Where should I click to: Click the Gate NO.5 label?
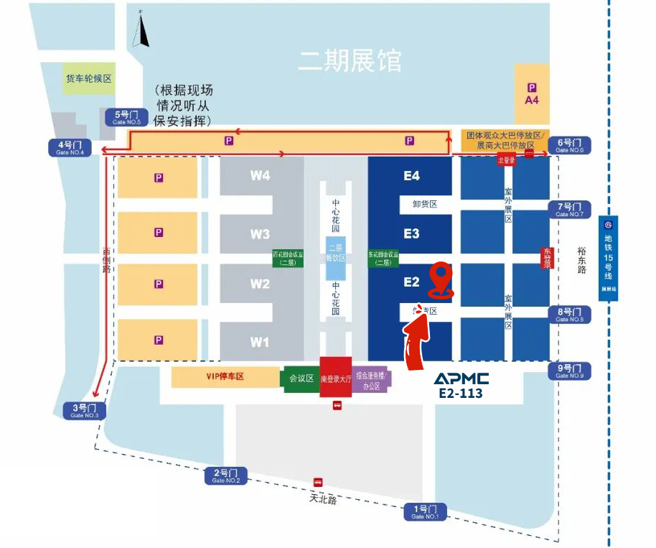tap(127, 117)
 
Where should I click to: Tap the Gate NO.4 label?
tap(70, 147)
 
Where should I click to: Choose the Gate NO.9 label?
tap(571, 371)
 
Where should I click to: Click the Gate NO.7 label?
tap(571, 209)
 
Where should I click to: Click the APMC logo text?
tap(461, 379)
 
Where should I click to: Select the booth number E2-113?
tap(461, 394)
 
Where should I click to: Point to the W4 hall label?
tap(260, 175)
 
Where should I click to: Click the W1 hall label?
tap(260, 342)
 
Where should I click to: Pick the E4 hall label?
tap(411, 175)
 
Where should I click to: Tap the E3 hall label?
tap(411, 233)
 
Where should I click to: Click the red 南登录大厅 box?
tap(336, 378)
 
